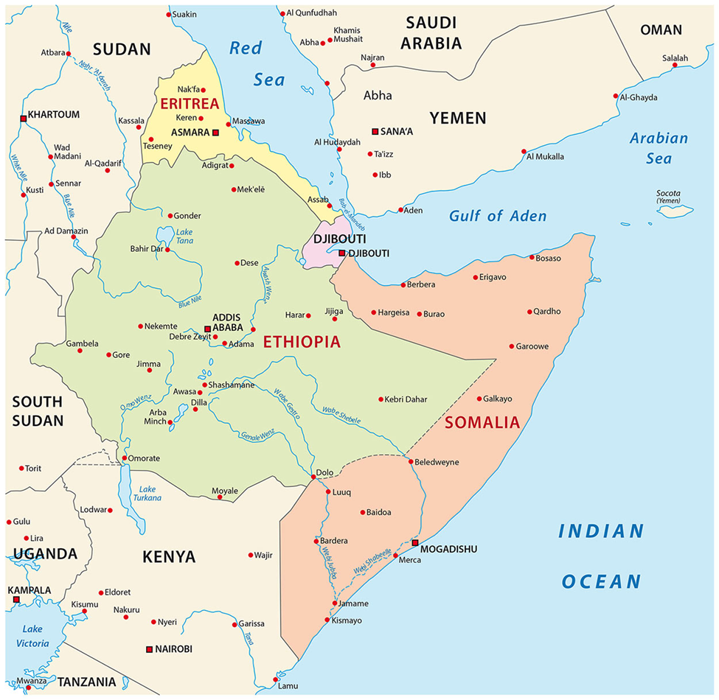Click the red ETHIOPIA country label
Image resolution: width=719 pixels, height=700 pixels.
(302, 342)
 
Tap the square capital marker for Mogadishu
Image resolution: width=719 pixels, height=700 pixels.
(415, 543)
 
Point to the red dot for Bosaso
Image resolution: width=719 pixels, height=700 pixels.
(532, 257)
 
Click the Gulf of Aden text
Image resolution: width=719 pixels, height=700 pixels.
(498, 216)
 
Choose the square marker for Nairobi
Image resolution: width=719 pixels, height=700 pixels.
(149, 649)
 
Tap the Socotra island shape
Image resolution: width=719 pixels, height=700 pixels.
(674, 211)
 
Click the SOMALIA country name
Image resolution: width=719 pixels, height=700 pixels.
(483, 423)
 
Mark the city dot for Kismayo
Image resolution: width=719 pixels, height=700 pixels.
(328, 620)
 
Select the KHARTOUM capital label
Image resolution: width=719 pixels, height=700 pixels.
(53, 115)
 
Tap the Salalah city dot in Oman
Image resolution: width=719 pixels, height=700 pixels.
(674, 66)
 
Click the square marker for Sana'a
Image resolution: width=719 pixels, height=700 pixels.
(375, 131)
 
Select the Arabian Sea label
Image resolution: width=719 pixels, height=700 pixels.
(659, 148)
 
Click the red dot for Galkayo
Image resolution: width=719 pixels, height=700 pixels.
(479, 399)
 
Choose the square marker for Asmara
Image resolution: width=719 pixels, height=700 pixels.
(216, 133)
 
